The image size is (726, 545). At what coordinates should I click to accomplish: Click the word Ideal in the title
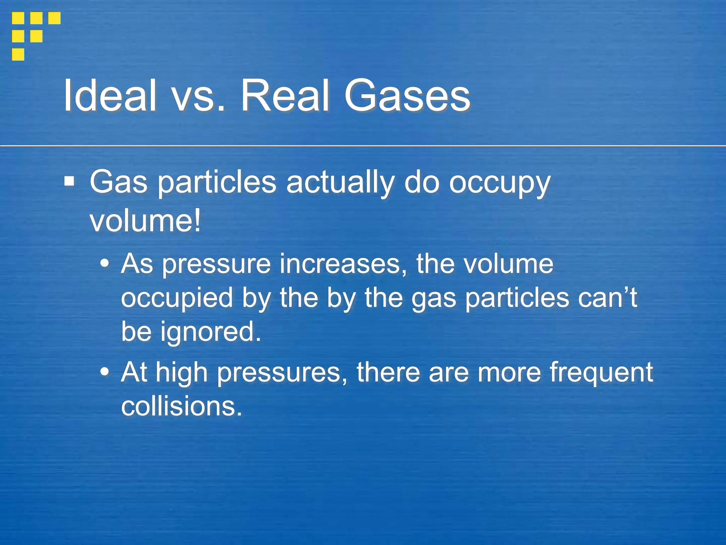pos(110,95)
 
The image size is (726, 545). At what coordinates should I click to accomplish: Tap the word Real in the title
pos(285,95)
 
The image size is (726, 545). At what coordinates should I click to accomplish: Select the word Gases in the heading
pos(407,95)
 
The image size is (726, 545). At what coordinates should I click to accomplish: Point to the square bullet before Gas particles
pos(69,182)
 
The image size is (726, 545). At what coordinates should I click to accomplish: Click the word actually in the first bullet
pos(340,183)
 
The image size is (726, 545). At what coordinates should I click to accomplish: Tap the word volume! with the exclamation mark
pos(145,221)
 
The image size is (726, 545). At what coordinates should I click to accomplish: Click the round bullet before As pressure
pos(105,264)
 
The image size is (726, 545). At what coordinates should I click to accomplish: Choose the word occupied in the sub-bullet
pos(177,298)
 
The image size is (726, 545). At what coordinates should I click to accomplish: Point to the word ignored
pos(211,332)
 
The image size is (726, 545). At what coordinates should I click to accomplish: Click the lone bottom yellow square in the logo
pos(18,54)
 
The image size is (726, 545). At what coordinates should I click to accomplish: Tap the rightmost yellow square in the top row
pos(54,18)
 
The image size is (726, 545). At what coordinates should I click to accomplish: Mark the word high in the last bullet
pos(181,373)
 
